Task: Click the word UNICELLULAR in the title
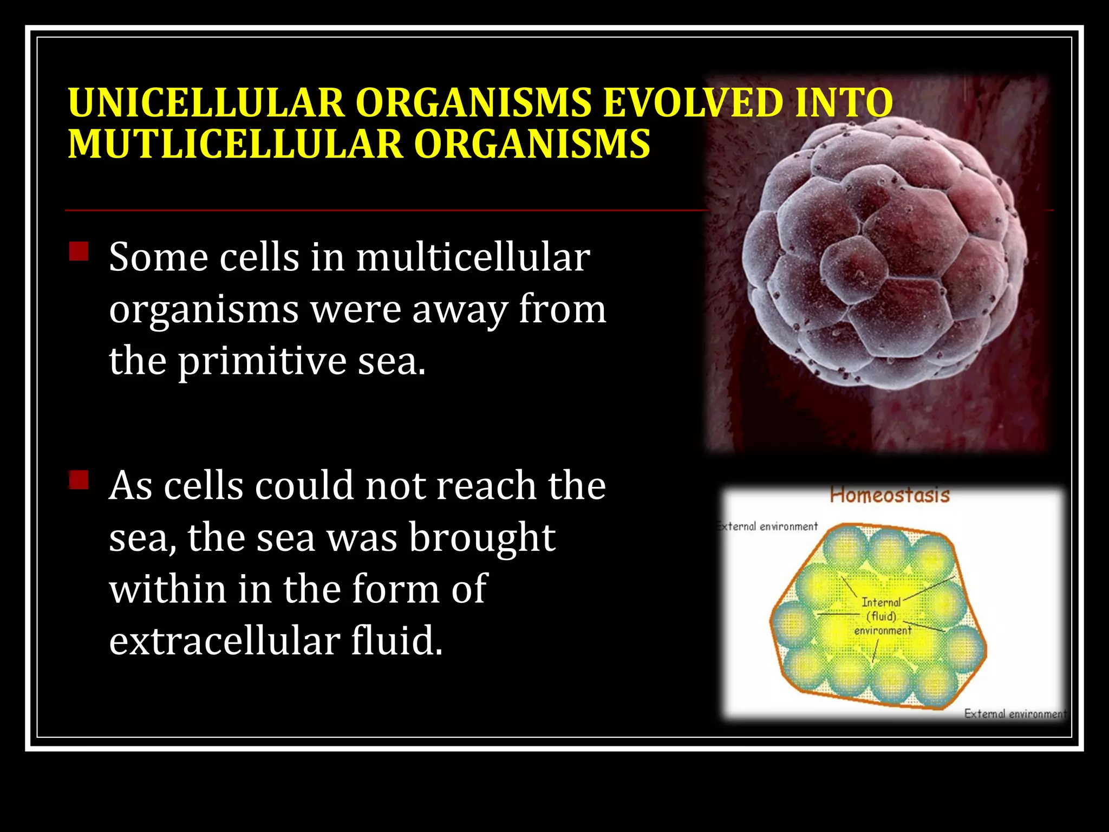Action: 206,102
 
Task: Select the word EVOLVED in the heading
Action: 693,102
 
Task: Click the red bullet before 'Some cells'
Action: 79,251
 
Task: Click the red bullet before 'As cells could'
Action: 79,480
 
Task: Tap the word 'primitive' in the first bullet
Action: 263,361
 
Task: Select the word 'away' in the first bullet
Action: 460,309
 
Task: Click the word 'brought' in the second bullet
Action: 482,538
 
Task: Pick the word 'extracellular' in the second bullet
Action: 225,641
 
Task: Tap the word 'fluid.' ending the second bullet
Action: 397,641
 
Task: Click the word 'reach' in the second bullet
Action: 486,485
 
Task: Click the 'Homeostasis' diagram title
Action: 890,495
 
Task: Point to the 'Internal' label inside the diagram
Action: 881,602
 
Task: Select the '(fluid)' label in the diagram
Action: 882,616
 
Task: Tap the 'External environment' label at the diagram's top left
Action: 767,526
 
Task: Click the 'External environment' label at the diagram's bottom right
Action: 1014,714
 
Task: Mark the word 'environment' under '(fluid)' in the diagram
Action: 883,630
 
